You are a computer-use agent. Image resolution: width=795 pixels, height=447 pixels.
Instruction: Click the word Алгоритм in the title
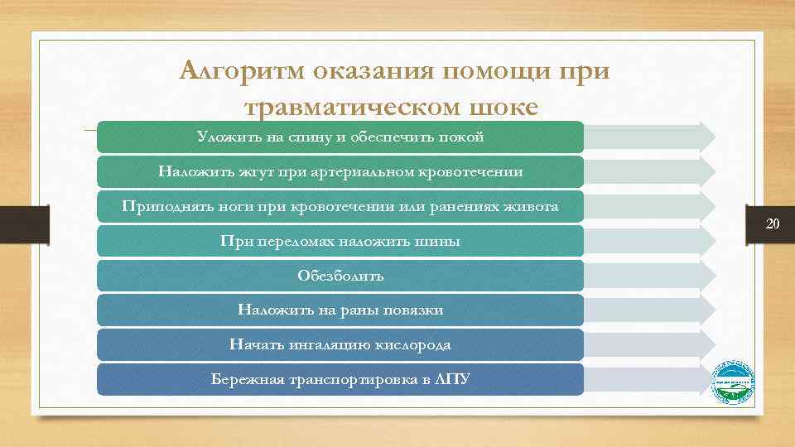click(x=242, y=70)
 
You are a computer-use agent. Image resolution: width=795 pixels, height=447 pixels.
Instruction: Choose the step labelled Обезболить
click(x=340, y=276)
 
